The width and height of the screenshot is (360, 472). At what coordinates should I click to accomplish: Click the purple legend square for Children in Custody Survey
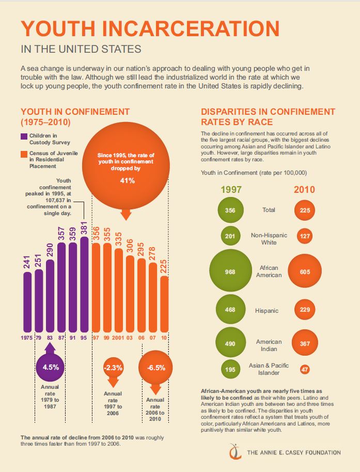point(24,136)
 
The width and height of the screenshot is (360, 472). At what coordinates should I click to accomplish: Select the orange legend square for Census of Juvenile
point(24,154)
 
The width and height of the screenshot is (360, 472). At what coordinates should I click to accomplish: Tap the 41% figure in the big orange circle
point(128,180)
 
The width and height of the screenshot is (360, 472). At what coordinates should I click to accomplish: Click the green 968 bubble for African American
point(230,271)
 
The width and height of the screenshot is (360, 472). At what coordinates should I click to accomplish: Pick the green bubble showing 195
point(230,369)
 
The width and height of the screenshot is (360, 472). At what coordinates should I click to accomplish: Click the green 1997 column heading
point(231,189)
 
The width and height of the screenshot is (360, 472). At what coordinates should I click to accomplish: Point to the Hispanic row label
point(267,311)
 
